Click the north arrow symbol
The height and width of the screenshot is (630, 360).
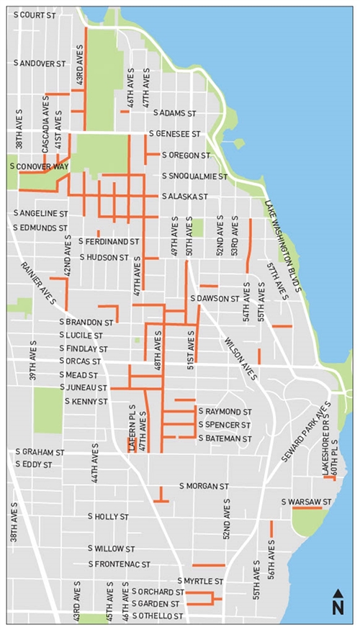point(337,602)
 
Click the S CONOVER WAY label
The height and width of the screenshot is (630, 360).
point(39,166)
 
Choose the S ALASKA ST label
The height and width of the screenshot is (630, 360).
point(185,196)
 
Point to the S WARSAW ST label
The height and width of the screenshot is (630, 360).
point(305,501)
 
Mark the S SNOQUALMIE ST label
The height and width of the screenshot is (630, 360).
point(194,176)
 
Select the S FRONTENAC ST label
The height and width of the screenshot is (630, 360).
point(119,564)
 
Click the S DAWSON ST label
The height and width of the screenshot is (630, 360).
point(214,298)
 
